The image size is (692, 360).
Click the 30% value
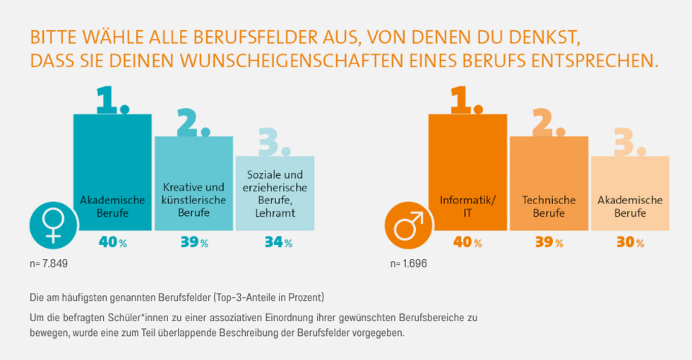coord(630,243)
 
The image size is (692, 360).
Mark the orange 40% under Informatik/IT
coord(467,243)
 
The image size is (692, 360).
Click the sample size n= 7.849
coord(48,264)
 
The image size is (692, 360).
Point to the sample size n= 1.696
coord(408,264)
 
